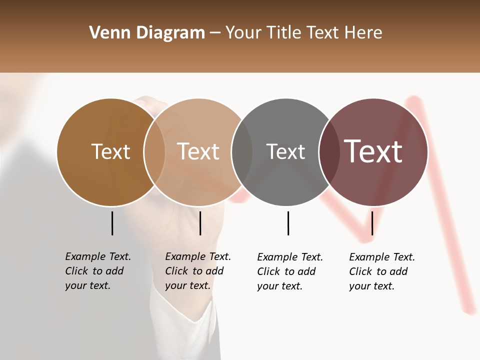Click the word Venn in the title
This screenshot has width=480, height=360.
coord(104,33)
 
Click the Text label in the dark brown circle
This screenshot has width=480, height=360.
coord(110,151)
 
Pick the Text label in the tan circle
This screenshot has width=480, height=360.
coord(198,151)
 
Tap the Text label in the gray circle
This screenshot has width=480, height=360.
coord(285,151)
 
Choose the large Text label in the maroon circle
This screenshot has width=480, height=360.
coord(373,151)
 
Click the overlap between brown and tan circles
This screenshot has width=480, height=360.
coord(154,152)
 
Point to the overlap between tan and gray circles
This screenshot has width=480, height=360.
coord(242,152)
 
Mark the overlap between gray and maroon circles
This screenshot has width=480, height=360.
coord(329,152)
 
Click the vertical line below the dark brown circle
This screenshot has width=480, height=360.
coord(112,223)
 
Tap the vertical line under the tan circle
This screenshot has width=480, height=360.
coord(200,223)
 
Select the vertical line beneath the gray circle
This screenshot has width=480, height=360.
coord(288,223)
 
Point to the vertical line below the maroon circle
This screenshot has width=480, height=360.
coord(372,223)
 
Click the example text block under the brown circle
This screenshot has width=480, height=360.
coord(97,271)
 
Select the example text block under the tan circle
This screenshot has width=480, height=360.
coord(197,271)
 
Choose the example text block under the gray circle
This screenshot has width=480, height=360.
coord(289,271)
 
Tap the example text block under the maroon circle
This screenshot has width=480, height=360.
coord(381,271)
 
